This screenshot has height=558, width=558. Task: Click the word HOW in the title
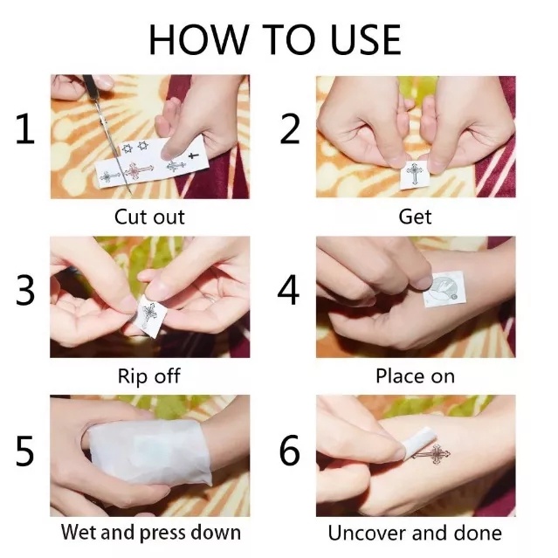tap(198, 39)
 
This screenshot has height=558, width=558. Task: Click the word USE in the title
tap(366, 39)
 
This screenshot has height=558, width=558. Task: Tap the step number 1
tap(25, 128)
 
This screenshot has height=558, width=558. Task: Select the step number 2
tap(290, 128)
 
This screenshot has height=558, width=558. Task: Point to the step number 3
tap(25, 290)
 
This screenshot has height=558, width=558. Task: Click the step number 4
tap(289, 290)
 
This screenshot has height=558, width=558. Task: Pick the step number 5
tap(25, 451)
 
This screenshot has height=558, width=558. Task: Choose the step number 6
tap(290, 451)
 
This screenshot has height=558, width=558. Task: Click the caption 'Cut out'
tap(149, 217)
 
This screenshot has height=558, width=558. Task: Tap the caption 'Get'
tap(415, 217)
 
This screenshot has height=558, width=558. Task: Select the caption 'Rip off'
tap(149, 376)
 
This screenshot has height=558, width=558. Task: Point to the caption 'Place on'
tap(416, 376)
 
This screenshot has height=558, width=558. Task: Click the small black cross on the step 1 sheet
tap(193, 155)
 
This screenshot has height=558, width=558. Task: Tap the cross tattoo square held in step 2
tap(414, 174)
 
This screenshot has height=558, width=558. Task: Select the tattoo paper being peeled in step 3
tap(148, 315)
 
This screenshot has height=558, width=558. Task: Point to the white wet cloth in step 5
tap(150, 452)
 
